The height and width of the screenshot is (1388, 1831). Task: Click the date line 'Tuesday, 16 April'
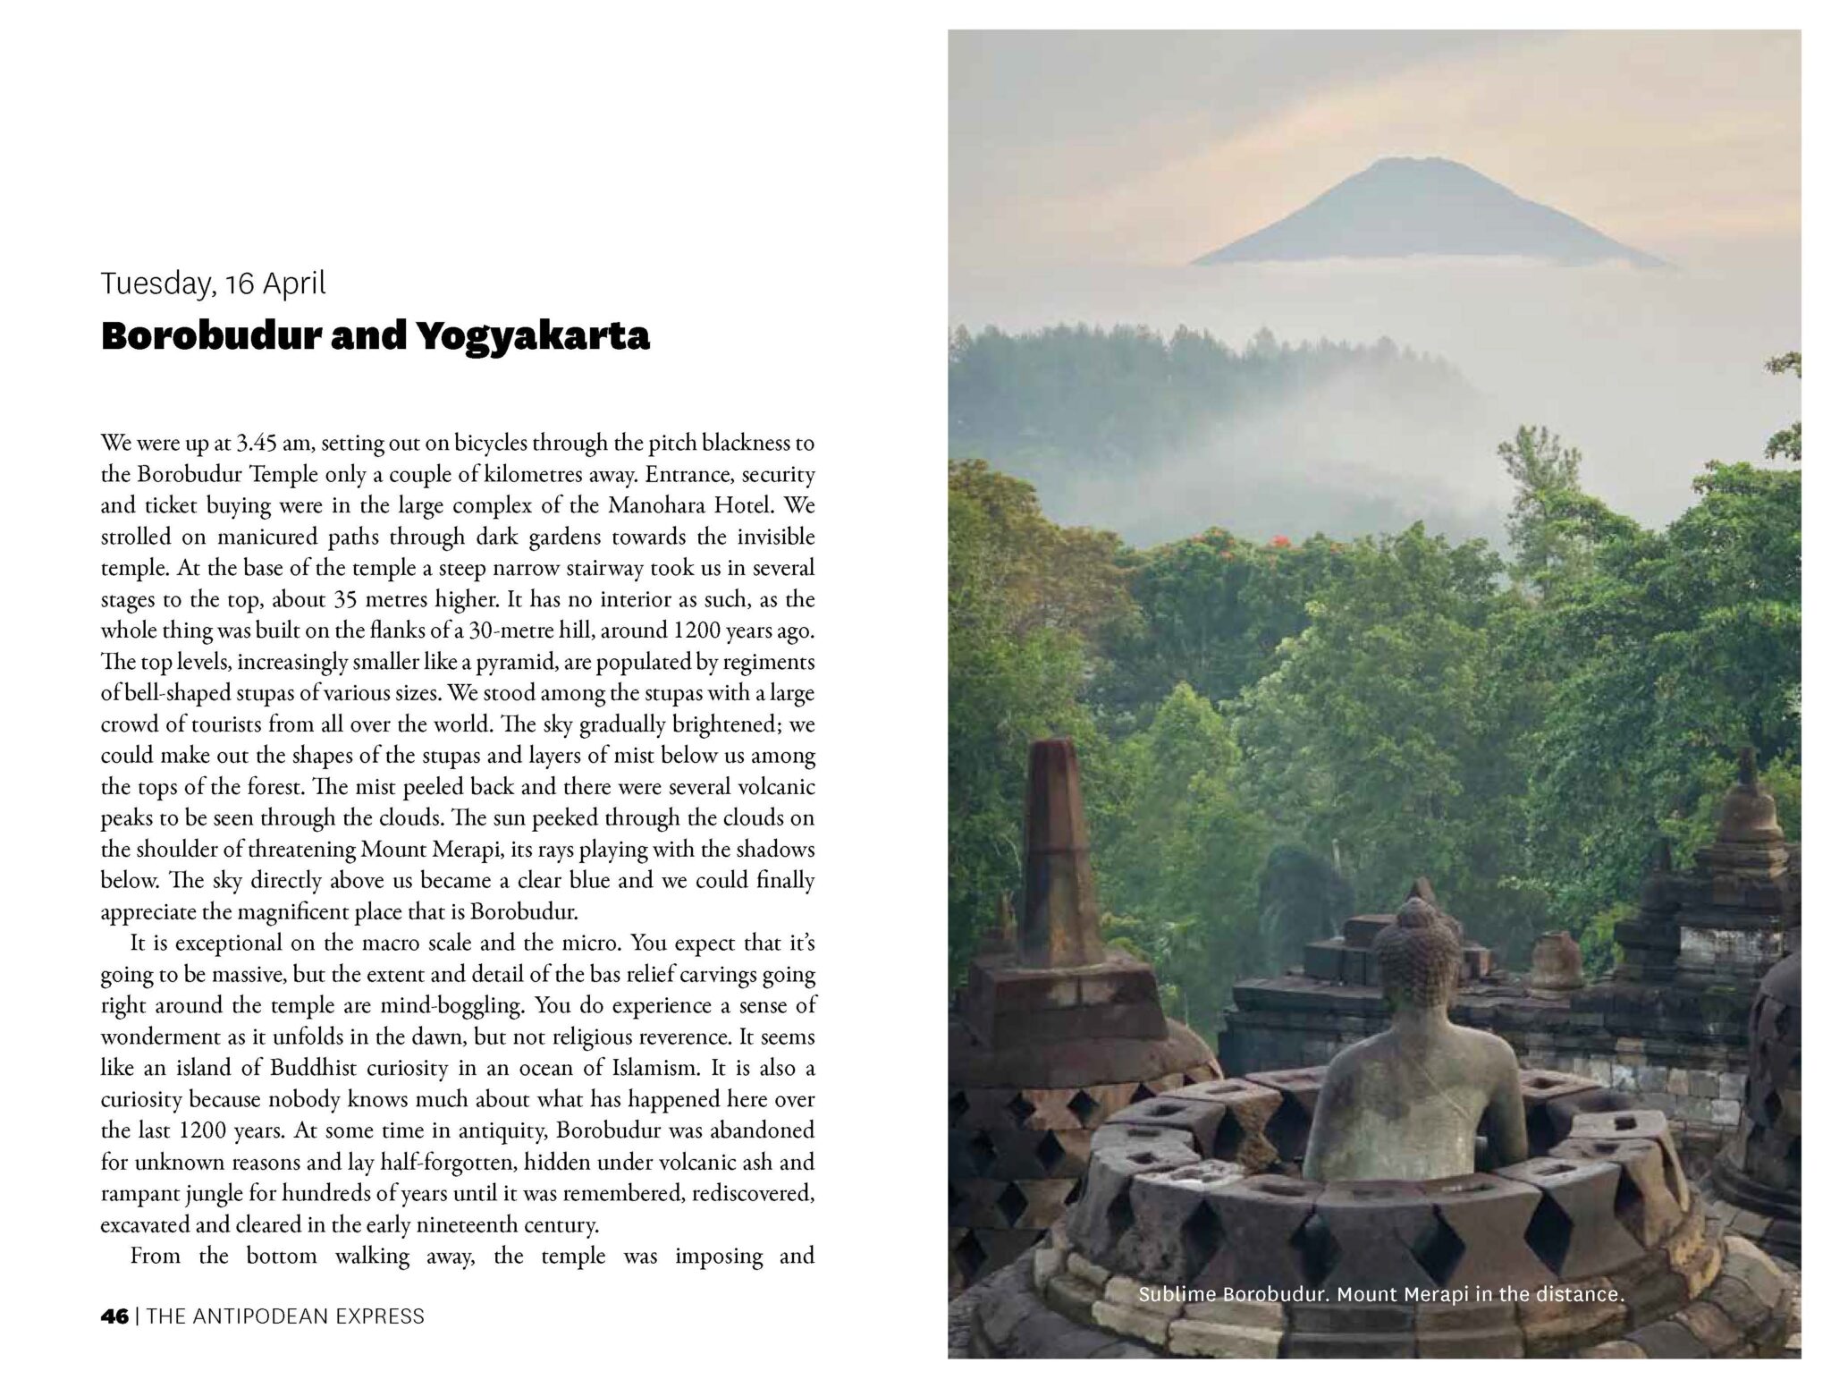tap(213, 283)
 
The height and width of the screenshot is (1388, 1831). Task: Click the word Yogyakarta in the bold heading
tap(531, 336)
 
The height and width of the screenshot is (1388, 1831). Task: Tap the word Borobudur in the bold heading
tap(209, 336)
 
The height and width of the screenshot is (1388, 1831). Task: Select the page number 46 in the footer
tap(114, 1316)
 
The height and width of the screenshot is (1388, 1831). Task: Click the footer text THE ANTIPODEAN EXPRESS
tap(285, 1316)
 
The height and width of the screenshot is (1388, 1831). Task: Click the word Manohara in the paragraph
tap(656, 505)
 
